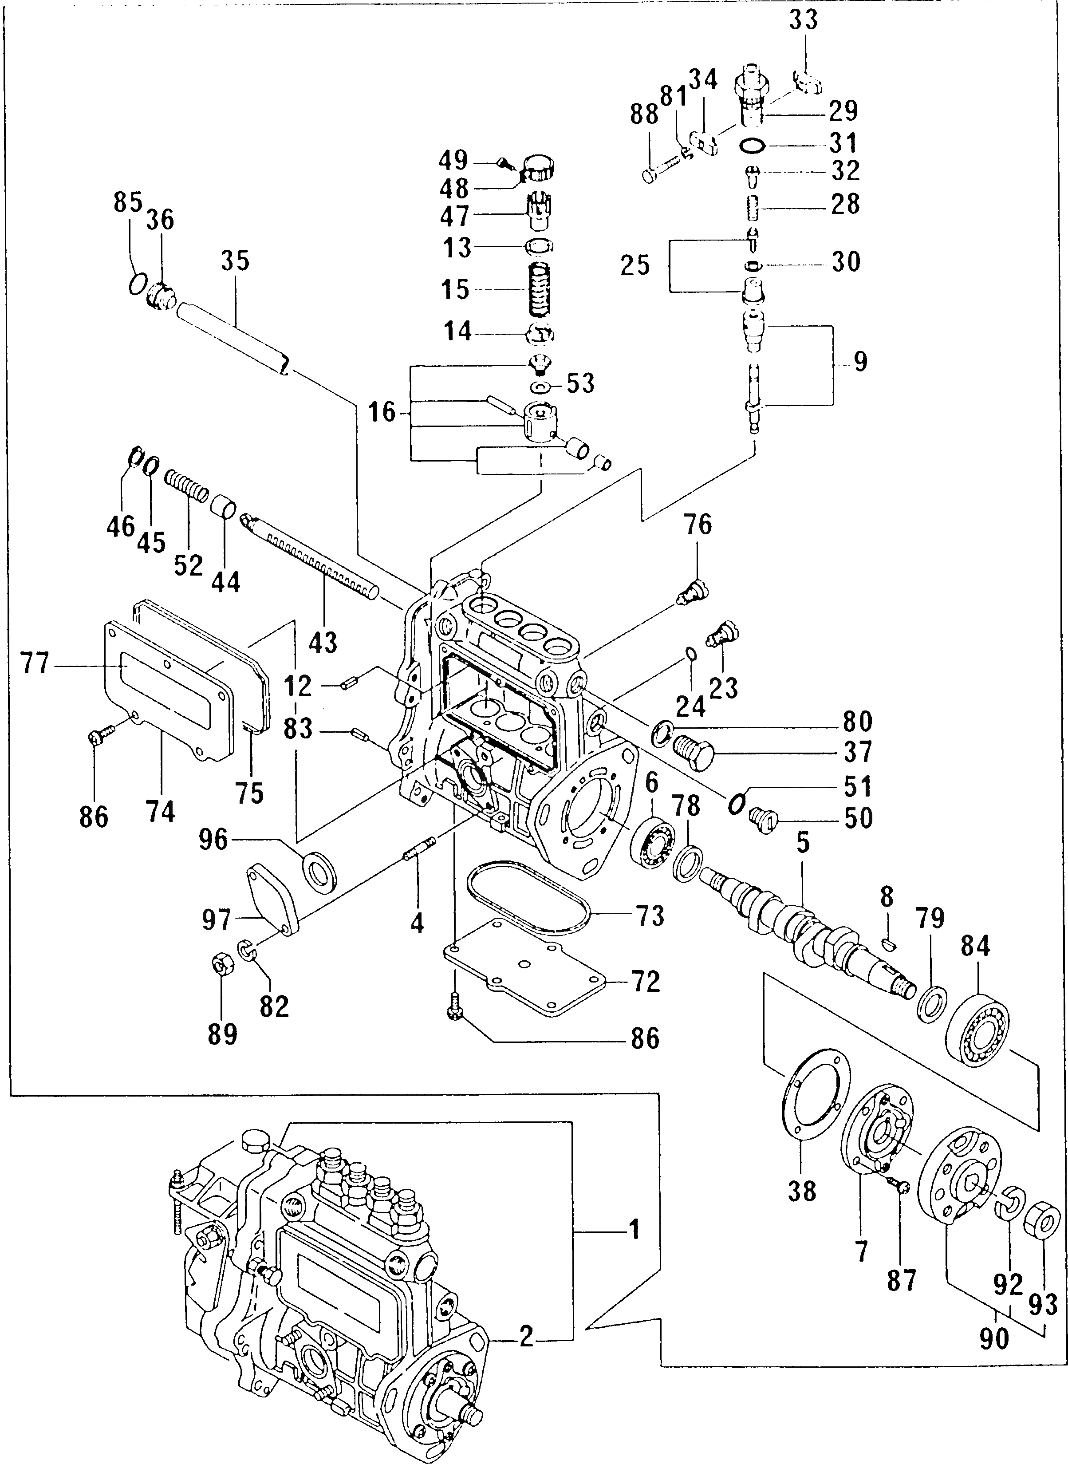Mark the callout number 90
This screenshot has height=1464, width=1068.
[x=993, y=1338]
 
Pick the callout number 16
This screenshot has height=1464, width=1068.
[x=382, y=411]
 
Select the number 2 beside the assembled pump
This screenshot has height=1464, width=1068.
[x=526, y=1336]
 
